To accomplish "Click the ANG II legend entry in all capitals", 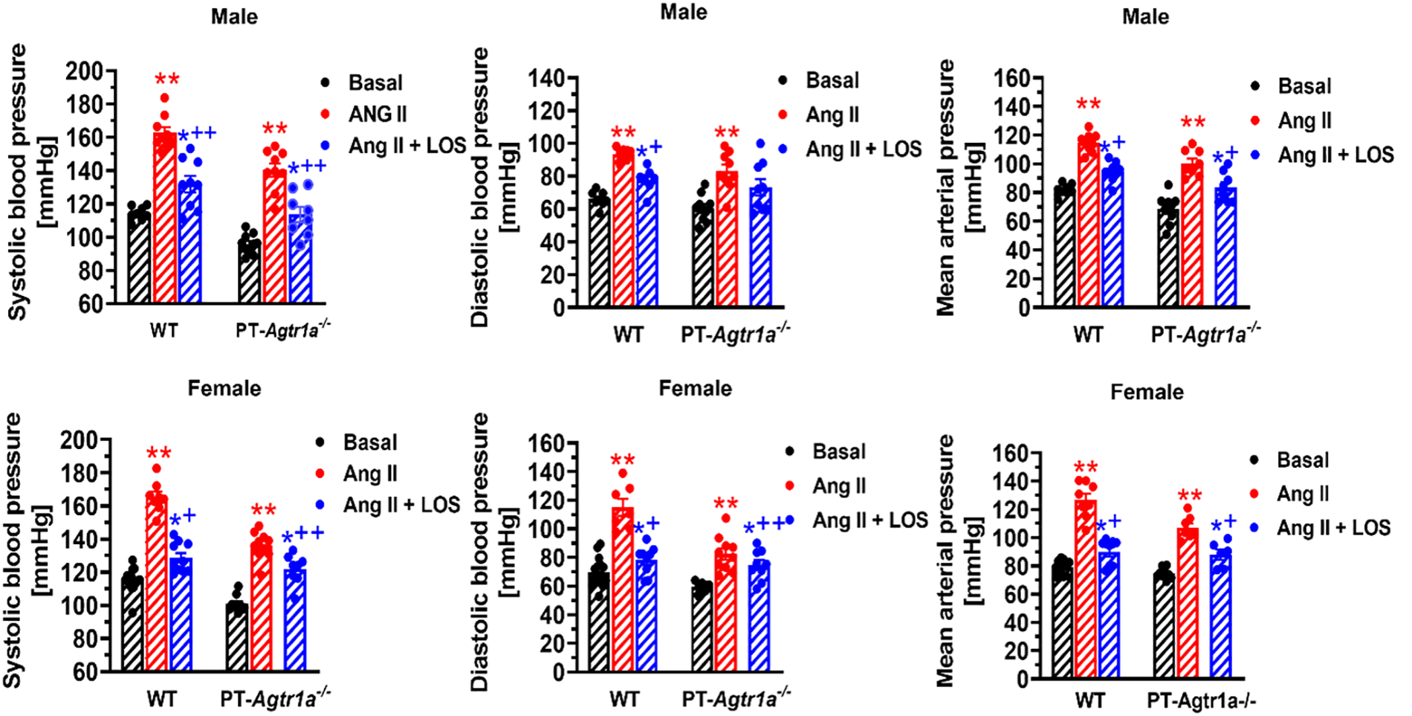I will tap(378, 114).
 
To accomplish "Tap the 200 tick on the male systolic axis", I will tap(84, 71).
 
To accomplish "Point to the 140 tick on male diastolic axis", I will tap(547, 77).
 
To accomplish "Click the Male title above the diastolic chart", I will tap(683, 12).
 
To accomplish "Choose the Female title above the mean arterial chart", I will tap(1146, 392).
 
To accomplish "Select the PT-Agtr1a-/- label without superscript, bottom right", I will tap(1201, 700).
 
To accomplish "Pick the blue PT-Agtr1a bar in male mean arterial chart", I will tap(1226, 249).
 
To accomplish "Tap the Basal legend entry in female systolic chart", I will tap(369, 442).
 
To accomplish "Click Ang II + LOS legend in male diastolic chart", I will tap(863, 149).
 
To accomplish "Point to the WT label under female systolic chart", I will tap(161, 700).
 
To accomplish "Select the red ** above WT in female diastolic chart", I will tap(622, 460).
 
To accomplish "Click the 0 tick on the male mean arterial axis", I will tap(1024, 308).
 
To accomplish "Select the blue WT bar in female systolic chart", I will tap(181, 616).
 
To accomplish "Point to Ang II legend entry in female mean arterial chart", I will tap(1302, 494).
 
